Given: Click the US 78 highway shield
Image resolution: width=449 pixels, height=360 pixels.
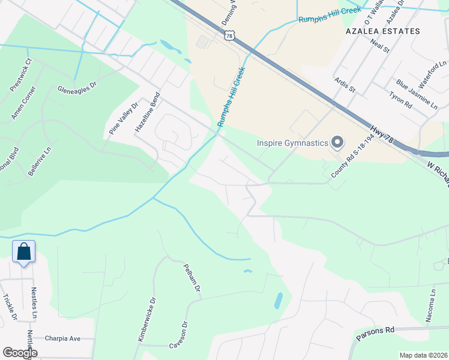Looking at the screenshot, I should tap(229, 36).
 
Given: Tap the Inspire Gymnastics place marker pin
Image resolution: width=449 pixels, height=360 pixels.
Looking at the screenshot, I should tap(337, 142).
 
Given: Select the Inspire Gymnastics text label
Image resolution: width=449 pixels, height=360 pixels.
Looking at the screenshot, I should tap(292, 143).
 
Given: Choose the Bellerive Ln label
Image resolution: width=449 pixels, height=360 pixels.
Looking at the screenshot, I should tap(38, 160).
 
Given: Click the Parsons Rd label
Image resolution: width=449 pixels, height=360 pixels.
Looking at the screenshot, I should tap(375, 334).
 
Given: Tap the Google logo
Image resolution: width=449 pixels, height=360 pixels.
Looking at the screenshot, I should tap(20, 352).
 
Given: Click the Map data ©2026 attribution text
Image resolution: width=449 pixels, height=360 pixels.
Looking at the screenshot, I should tap(423, 355).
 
